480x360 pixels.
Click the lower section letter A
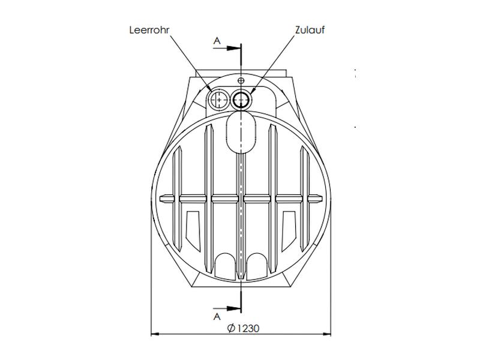point(217,314)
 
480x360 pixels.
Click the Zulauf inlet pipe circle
point(242,99)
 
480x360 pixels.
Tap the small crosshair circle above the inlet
point(241,80)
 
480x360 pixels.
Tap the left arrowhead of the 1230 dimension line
point(154,334)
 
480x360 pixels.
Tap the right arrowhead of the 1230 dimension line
point(328,334)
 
